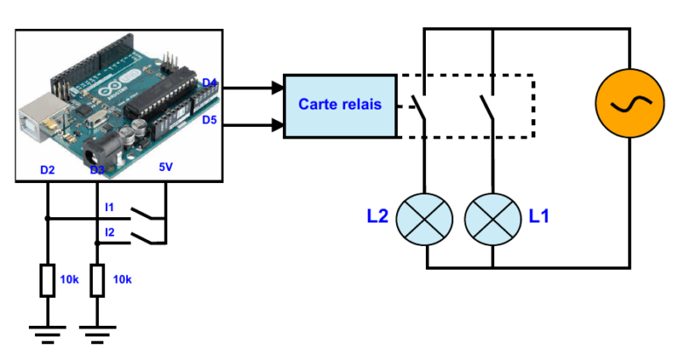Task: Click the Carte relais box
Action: [x=340, y=105]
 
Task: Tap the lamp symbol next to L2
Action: [x=424, y=218]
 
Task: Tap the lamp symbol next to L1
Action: [x=492, y=218]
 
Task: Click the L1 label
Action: [x=539, y=215]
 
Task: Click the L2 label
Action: [x=377, y=215]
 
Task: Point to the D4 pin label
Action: [x=209, y=83]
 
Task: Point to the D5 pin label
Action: [x=209, y=119]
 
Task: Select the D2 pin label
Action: [x=47, y=168]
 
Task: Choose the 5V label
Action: [x=166, y=168]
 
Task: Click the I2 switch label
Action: [x=110, y=232]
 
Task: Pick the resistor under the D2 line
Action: [x=47, y=280]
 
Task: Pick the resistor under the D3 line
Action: [x=97, y=280]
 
